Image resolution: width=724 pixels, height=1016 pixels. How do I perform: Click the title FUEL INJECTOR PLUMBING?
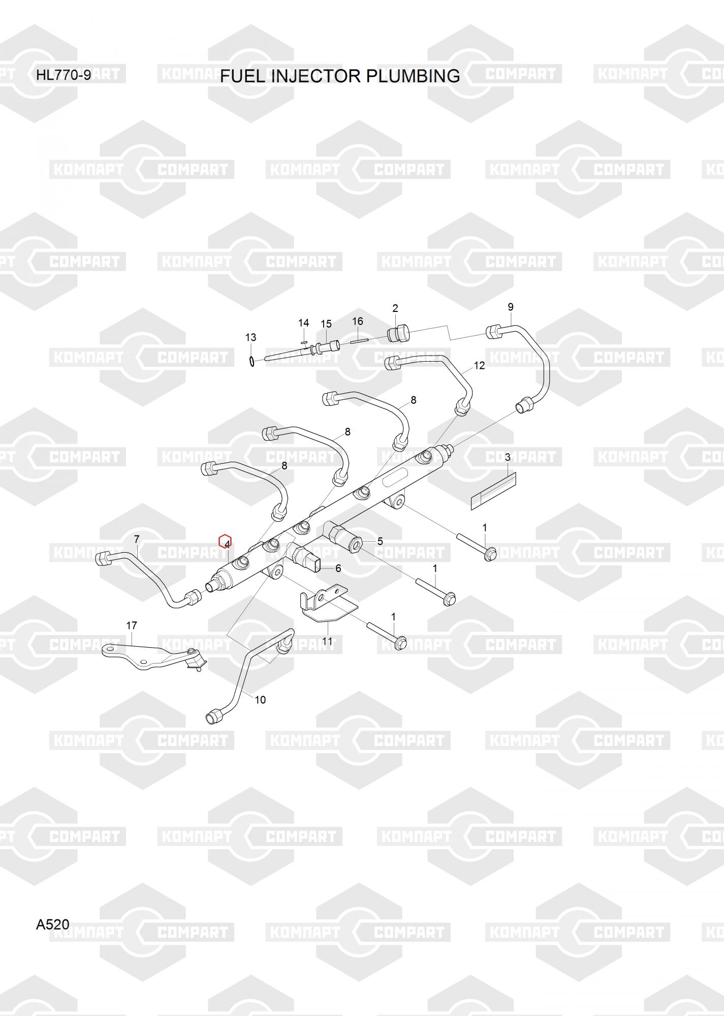(340, 76)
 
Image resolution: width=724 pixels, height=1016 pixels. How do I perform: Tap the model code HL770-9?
(64, 75)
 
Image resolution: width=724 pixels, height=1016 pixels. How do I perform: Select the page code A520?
(52, 924)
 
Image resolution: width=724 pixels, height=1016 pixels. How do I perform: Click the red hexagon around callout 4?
(225, 542)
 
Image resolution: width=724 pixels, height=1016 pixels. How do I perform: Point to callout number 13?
(250, 337)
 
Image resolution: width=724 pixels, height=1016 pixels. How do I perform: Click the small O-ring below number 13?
(251, 361)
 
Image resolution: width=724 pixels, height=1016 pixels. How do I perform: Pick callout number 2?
(395, 308)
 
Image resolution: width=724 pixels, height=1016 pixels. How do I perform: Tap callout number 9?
(511, 307)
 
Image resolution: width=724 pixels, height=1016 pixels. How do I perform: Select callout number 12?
(479, 365)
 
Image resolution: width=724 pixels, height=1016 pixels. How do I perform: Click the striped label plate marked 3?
(493, 490)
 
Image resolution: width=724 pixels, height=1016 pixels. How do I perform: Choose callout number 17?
(132, 625)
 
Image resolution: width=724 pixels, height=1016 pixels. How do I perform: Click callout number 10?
(260, 700)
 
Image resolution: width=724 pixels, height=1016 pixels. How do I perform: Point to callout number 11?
(327, 641)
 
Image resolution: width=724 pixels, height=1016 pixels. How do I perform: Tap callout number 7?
(136, 539)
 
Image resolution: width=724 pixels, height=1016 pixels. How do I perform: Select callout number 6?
(338, 568)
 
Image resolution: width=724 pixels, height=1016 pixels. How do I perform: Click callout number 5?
(380, 541)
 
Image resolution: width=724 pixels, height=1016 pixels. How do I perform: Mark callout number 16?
(358, 321)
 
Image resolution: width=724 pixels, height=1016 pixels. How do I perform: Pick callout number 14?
(303, 323)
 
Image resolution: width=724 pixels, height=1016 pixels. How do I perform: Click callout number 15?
(326, 324)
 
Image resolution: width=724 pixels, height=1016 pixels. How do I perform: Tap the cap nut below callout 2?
(398, 333)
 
